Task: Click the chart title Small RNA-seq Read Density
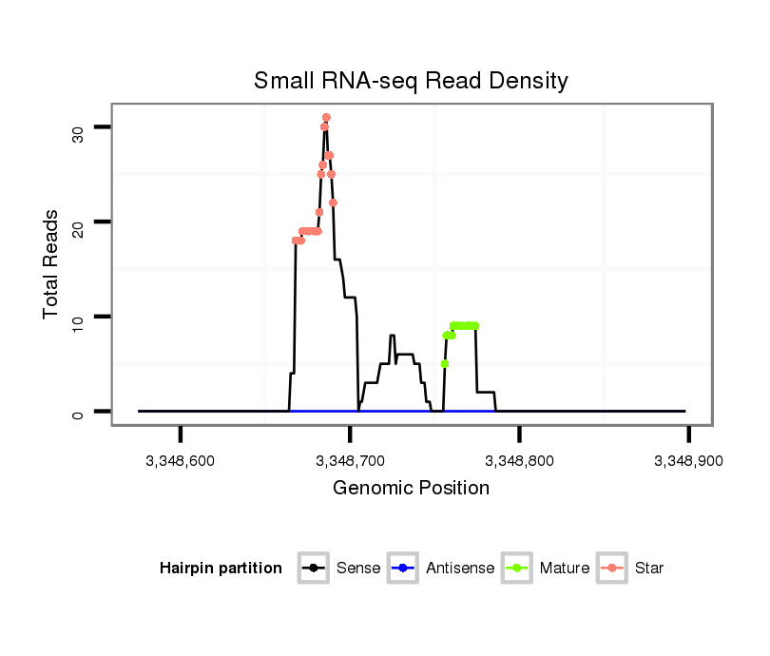point(411,81)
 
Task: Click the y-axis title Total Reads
point(53,264)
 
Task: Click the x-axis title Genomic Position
point(411,489)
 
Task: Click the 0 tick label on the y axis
point(79,413)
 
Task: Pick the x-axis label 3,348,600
point(180,461)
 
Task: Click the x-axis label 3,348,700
point(350,461)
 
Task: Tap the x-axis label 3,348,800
point(519,461)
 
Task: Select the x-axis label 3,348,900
point(688,461)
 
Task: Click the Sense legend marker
point(312,569)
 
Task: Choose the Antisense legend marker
point(403,569)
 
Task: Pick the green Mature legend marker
point(517,569)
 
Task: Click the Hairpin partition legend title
point(221,569)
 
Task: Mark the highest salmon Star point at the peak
point(326,118)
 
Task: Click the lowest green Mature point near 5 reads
point(445,364)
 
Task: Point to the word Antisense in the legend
point(460,569)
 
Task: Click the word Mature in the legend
point(565,569)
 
